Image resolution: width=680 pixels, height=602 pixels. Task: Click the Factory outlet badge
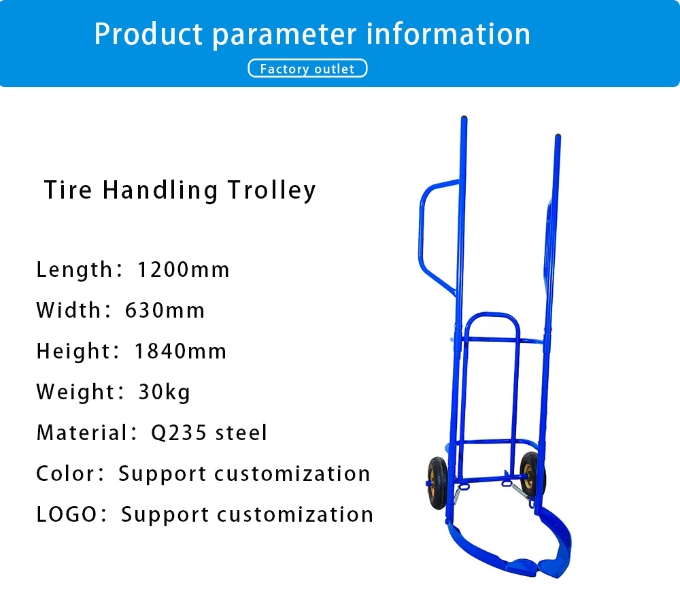pyautogui.click(x=307, y=68)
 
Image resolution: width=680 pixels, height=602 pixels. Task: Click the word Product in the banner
pyautogui.click(x=148, y=34)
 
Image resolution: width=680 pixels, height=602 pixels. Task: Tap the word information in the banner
pyautogui.click(x=448, y=34)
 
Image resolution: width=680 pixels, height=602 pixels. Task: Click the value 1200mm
pyautogui.click(x=183, y=270)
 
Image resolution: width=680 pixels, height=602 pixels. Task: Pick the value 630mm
pyautogui.click(x=165, y=311)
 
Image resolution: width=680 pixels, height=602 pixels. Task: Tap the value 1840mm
pyautogui.click(x=180, y=351)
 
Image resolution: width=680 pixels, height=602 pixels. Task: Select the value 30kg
pyautogui.click(x=164, y=392)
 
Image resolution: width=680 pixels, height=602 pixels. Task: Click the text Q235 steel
pyautogui.click(x=209, y=433)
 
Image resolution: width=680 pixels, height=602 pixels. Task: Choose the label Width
pyautogui.click(x=69, y=311)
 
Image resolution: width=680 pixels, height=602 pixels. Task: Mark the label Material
pyautogui.click(x=82, y=433)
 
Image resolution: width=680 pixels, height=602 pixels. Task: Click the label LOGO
pyautogui.click(x=67, y=514)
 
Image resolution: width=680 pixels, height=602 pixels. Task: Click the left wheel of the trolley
pyautogui.click(x=437, y=483)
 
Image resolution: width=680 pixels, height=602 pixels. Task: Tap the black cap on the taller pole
pyautogui.click(x=464, y=117)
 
